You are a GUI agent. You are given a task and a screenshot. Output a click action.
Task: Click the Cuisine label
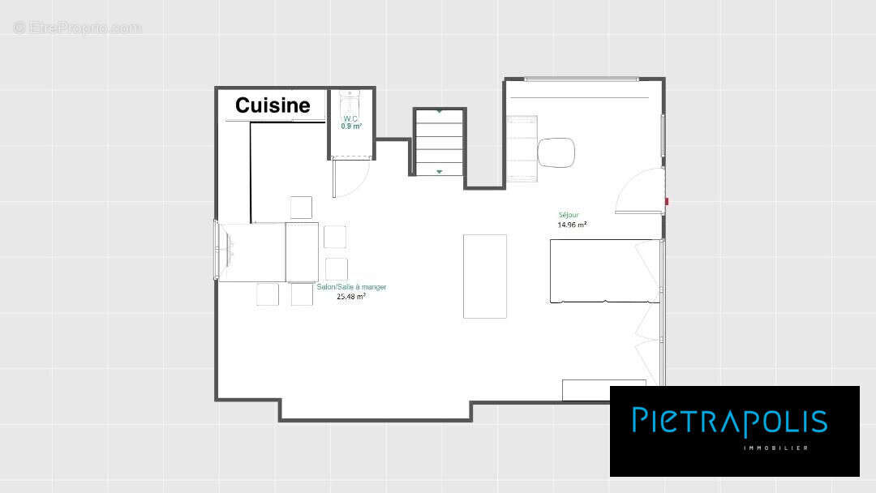coord(273,105)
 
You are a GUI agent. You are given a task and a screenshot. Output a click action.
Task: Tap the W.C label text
coord(350,118)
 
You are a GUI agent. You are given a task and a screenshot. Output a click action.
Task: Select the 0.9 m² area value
coord(351,126)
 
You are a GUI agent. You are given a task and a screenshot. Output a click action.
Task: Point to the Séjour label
coord(569,215)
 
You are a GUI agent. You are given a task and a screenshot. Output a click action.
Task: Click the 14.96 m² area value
coord(572,225)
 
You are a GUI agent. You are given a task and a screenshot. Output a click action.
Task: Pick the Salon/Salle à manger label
coord(351,287)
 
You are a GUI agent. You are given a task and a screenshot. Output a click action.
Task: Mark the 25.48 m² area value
coord(351,297)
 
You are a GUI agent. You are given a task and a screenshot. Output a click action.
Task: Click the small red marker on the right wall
coord(667,201)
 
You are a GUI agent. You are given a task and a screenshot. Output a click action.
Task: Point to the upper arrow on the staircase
coord(440,112)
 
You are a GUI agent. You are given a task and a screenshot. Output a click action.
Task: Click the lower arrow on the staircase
coord(440,171)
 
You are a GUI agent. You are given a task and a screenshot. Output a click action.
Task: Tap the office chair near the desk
coord(556,152)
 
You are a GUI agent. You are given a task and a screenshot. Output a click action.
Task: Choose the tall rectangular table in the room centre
coord(485,277)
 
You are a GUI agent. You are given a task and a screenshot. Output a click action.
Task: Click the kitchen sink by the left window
coord(228,249)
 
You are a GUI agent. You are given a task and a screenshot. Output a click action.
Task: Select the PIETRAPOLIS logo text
coord(730,421)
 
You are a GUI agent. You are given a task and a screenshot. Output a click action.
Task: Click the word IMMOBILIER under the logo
coord(776,448)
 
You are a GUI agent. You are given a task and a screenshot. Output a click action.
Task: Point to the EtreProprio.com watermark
coord(78,28)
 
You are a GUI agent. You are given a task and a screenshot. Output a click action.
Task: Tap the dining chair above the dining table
coord(301,208)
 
